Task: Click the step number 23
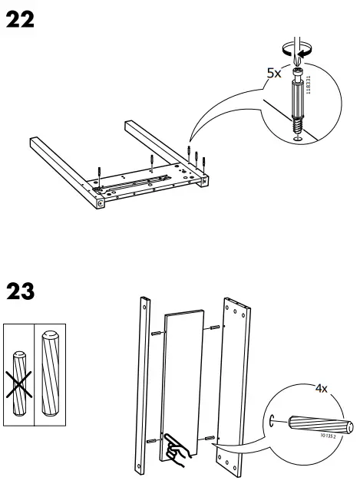tap(21, 292)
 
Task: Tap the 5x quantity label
tap(275, 74)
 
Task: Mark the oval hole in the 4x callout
tap(272, 420)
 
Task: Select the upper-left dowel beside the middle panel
tap(156, 333)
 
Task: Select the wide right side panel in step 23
tap(238, 383)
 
